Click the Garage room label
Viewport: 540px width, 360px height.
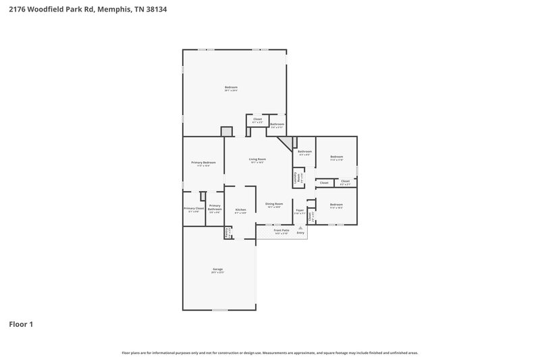tap(217, 269)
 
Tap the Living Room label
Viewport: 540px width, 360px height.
tap(257, 159)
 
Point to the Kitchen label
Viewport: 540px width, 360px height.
tap(240, 210)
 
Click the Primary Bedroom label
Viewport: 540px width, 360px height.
tap(203, 163)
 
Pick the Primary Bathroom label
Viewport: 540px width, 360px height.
tap(215, 207)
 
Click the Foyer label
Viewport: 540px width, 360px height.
tap(299, 210)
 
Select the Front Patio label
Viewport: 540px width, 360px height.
tap(281, 230)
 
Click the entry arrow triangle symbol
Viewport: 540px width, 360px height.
tap(300, 228)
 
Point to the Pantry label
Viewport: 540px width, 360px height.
tap(228, 232)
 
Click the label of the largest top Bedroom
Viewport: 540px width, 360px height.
tap(231, 88)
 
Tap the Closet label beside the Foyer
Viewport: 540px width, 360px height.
tap(310, 217)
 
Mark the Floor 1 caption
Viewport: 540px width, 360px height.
tap(20, 324)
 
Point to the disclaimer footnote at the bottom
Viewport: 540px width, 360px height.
tap(270, 353)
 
